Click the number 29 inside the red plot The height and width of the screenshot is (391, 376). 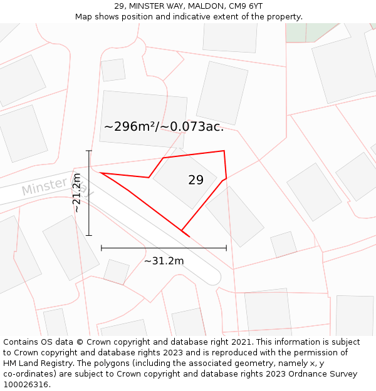196,180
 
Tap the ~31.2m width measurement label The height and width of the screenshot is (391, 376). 164,261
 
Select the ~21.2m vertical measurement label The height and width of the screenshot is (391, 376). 77,193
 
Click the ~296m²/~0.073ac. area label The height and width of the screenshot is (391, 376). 164,126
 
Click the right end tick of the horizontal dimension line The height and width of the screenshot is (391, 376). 226,248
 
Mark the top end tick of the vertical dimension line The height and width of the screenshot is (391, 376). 89,151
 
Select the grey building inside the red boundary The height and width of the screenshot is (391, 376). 185,181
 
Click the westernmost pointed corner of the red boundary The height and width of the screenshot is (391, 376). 100,173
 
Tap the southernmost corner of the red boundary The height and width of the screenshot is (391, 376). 182,230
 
